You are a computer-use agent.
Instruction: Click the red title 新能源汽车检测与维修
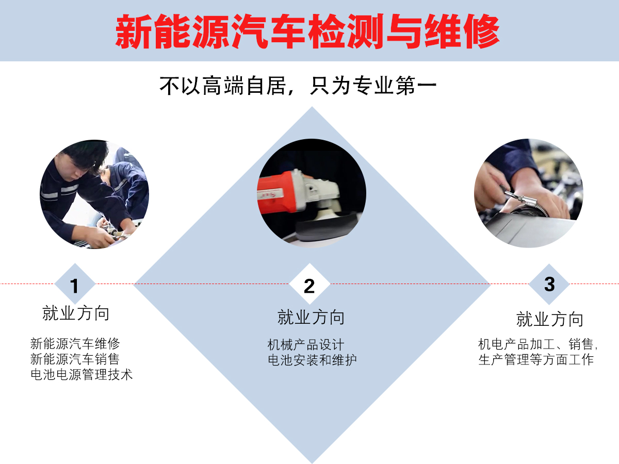[x=307, y=31]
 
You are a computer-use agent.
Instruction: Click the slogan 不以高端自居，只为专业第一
[x=298, y=86]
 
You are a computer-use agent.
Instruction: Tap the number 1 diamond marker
[x=75, y=285]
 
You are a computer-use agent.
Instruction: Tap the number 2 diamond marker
[x=309, y=285]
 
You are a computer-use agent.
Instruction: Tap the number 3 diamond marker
[x=549, y=284]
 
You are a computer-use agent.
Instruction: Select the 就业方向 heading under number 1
[x=76, y=313]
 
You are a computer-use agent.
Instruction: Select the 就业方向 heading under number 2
[x=311, y=317]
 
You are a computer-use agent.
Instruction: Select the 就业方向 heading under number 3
[x=549, y=319]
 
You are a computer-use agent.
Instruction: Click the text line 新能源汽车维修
[x=75, y=343]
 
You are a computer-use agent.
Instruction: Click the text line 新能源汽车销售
[x=75, y=359]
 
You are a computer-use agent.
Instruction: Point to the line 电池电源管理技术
[x=82, y=374]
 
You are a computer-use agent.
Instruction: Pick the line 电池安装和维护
[x=312, y=360]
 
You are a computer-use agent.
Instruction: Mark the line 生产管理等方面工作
[x=536, y=359]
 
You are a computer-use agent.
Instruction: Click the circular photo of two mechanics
[x=94, y=194]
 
